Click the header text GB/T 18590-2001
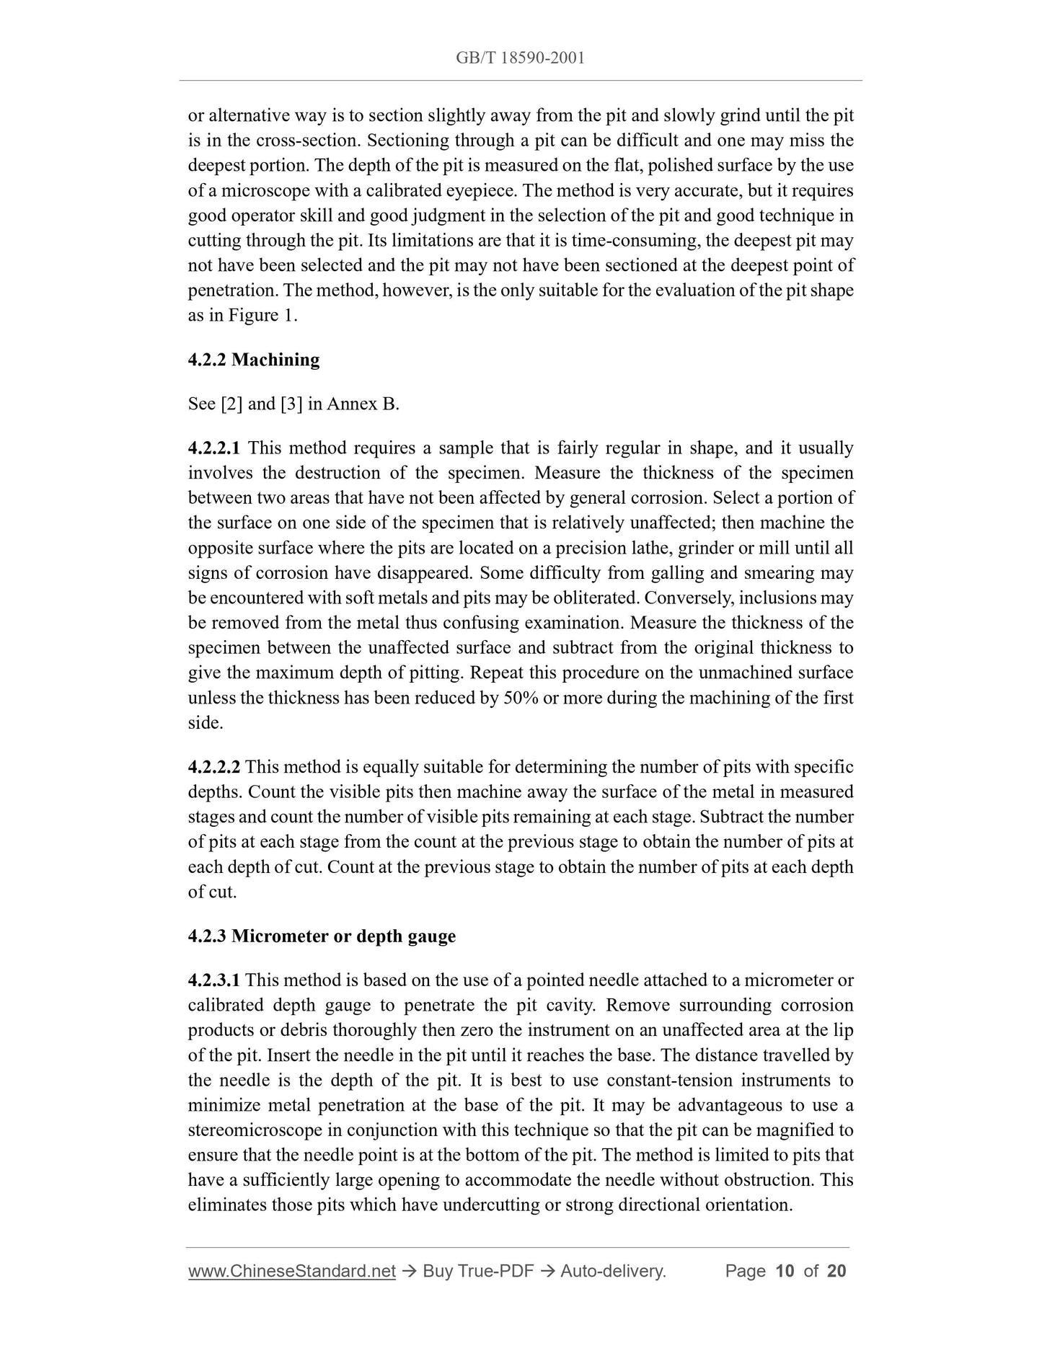pos(520,58)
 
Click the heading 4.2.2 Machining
pos(253,360)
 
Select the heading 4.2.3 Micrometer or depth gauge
pos(322,936)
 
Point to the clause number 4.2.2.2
pos(214,767)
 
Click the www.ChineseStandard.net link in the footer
pos(291,1271)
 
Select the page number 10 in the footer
pos(785,1271)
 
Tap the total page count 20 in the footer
pos(836,1271)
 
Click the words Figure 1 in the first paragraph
pos(260,316)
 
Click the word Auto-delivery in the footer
pos(613,1271)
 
